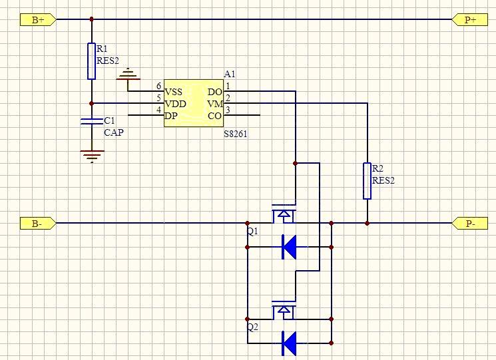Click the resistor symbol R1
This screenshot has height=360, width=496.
92,61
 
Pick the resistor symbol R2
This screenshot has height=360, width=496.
367,180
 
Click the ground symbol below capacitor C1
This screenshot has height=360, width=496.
92,155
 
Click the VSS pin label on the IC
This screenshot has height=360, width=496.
174,92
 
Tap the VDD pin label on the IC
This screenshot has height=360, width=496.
175,103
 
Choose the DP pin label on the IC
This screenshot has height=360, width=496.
172,115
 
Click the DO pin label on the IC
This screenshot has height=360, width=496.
214,92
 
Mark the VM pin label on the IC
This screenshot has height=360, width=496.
214,104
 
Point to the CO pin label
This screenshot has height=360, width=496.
214,115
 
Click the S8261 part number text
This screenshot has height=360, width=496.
236,132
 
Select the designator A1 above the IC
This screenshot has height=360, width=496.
230,74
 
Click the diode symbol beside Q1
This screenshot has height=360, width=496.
290,246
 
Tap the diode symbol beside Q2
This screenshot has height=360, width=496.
290,343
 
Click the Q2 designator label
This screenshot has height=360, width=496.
252,327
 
